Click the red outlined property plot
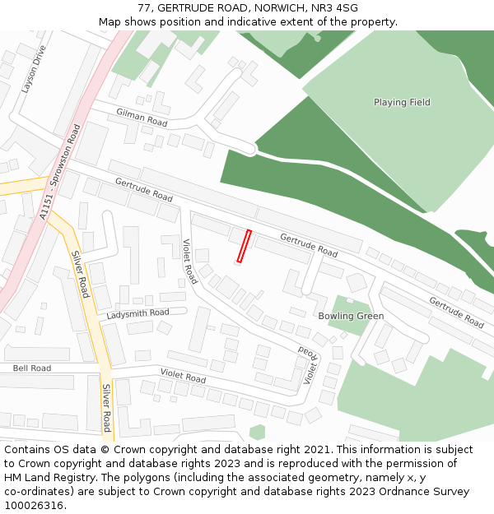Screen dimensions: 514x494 244,246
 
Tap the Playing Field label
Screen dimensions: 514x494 402,103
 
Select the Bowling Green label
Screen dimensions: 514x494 351,316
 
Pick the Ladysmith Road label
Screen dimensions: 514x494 137,313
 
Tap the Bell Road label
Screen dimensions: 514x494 31,368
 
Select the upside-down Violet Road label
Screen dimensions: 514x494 307,364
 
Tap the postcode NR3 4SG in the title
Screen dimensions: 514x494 336,8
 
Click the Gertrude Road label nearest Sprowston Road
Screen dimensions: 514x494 143,190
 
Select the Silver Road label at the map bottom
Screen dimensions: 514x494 106,407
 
